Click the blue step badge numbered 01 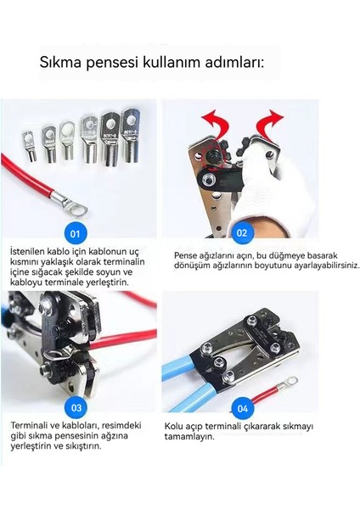pyautogui.click(x=75, y=233)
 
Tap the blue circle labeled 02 pyautogui.click(x=242, y=232)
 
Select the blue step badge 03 pyautogui.click(x=76, y=407)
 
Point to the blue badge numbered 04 pyautogui.click(x=243, y=408)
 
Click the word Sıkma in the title pyautogui.click(x=60, y=62)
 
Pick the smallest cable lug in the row pyautogui.click(x=29, y=145)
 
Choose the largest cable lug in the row pyautogui.click(x=130, y=135)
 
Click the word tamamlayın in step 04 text pyautogui.click(x=189, y=437)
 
